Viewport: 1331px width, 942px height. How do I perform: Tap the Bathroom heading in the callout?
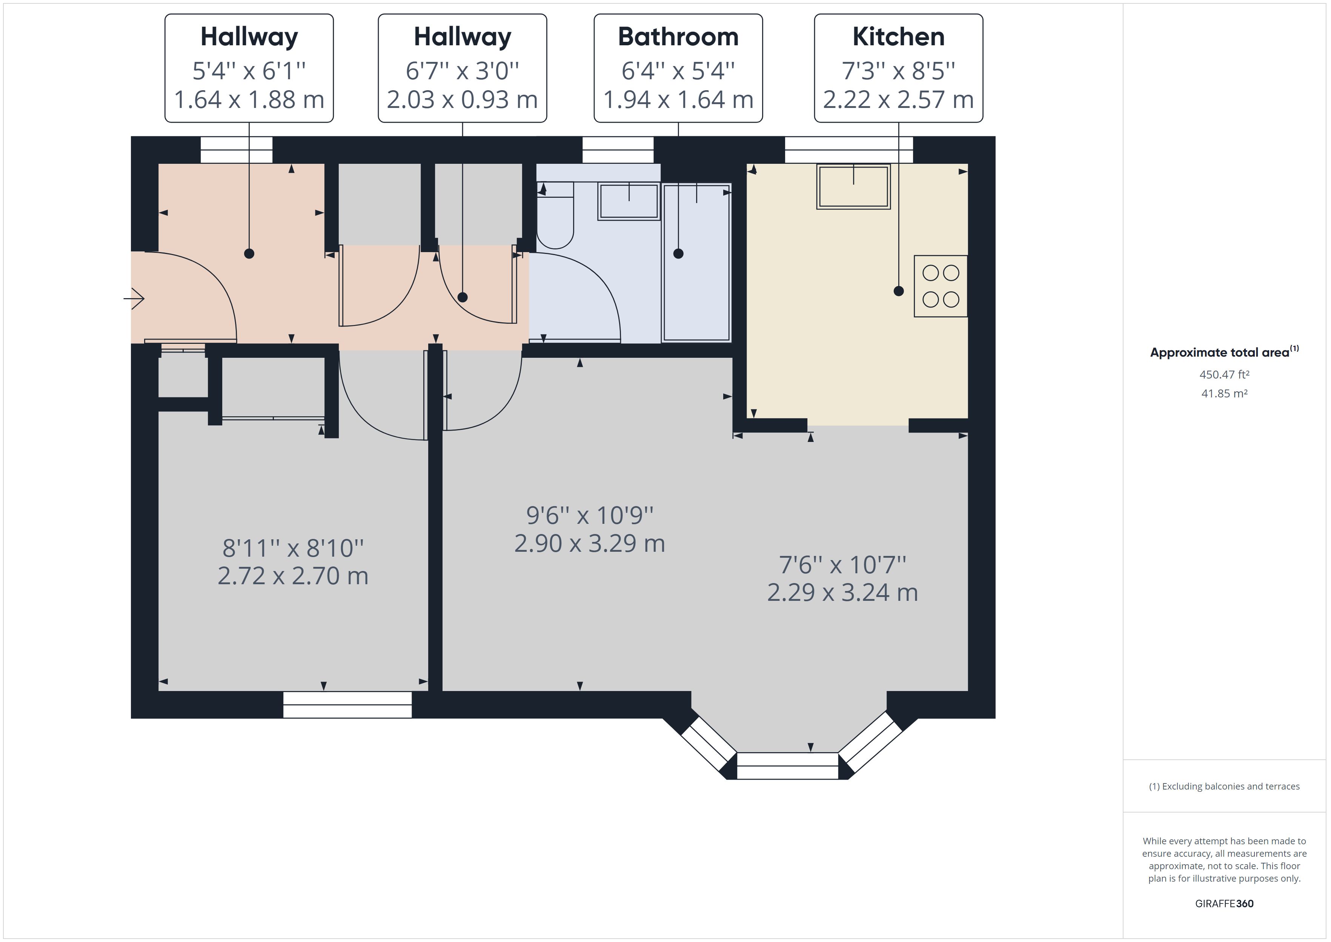(x=678, y=37)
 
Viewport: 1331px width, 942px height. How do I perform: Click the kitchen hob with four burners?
(x=940, y=286)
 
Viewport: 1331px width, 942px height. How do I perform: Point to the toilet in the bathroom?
(x=555, y=215)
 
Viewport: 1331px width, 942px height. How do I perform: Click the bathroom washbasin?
(x=629, y=201)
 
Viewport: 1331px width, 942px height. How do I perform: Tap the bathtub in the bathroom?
(x=696, y=263)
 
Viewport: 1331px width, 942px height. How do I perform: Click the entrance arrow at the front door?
(x=134, y=299)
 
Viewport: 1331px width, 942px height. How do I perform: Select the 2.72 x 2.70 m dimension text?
(x=293, y=576)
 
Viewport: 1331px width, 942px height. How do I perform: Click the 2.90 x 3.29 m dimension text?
(x=590, y=543)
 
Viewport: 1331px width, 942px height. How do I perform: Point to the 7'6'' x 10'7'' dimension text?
(x=842, y=564)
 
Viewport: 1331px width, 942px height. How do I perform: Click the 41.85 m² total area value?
(x=1224, y=393)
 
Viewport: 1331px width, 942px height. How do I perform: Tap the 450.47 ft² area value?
(x=1224, y=375)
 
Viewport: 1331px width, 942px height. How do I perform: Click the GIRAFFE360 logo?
(x=1224, y=903)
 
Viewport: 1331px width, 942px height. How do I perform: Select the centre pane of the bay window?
(x=787, y=766)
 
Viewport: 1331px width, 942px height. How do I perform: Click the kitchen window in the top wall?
(x=849, y=150)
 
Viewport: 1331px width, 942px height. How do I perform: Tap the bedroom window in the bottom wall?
(x=347, y=705)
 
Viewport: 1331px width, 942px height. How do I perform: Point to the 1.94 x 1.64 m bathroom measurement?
(x=678, y=100)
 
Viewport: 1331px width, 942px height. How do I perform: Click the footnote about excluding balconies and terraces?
(x=1224, y=787)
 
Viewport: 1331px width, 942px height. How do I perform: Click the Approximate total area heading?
(x=1224, y=352)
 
